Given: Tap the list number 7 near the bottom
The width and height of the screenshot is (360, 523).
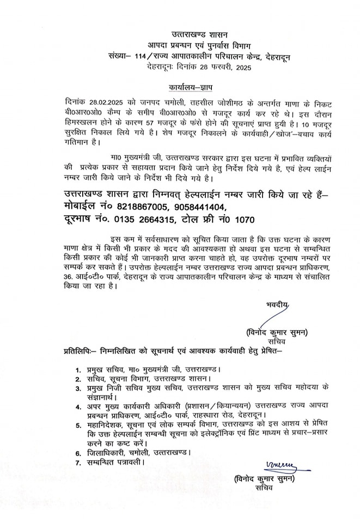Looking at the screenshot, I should coord(79,463).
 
